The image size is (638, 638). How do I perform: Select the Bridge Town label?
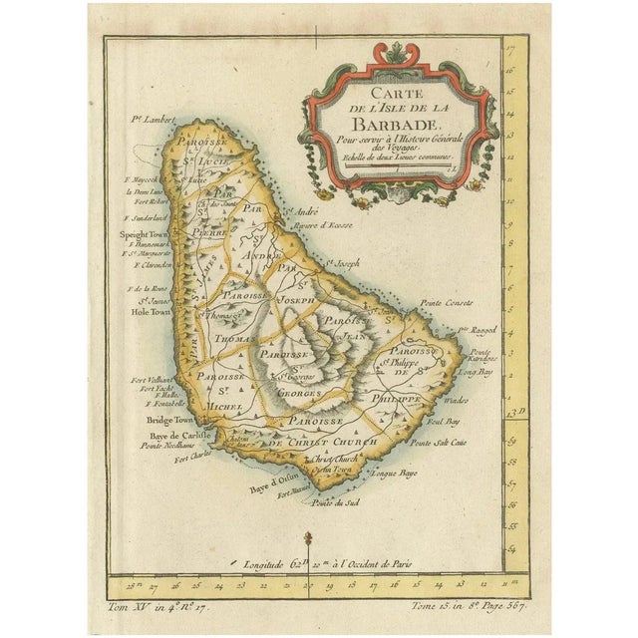(157, 421)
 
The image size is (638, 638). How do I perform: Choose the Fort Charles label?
(193, 459)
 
